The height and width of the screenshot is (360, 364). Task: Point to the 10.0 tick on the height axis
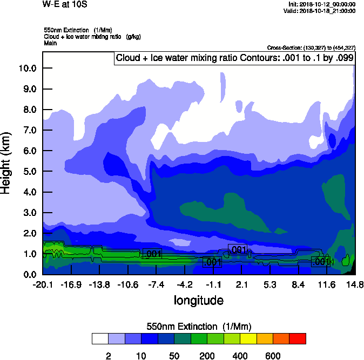coord(28,69)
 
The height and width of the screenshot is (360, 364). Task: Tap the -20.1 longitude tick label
coord(42,284)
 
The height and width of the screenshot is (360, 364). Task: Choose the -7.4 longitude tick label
coord(156,284)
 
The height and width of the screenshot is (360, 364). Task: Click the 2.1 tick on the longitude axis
coord(241,284)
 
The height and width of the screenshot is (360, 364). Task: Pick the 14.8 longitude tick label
coord(354,284)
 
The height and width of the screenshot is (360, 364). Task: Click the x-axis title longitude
coord(198,300)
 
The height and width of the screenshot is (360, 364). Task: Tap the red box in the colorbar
coord(298,338)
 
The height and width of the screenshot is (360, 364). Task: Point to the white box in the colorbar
coord(100,338)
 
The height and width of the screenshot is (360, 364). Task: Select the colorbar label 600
coord(273,355)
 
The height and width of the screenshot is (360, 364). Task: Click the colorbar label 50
coord(174,355)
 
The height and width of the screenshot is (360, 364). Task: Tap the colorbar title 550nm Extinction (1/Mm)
coord(199,327)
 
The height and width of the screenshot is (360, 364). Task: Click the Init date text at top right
coord(322,4)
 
